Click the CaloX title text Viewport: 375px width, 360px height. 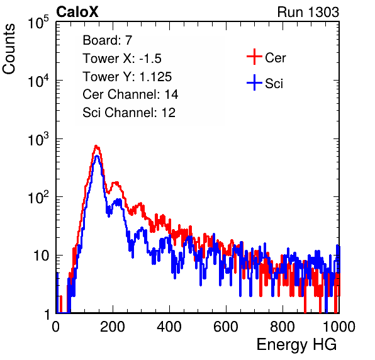(x=77, y=12)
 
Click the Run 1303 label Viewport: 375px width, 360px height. (x=308, y=12)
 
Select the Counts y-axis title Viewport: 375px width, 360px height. (x=9, y=49)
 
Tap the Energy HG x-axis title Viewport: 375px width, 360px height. (x=296, y=345)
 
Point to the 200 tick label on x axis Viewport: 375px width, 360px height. (x=113, y=327)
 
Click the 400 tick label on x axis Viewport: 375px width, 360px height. (x=169, y=327)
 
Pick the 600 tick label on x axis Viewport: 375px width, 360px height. (x=226, y=327)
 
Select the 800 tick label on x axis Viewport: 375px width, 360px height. (x=283, y=327)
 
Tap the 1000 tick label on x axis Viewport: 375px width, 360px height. (x=339, y=327)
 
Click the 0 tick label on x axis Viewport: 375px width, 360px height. (x=56, y=327)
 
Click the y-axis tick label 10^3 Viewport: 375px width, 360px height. (x=38, y=138)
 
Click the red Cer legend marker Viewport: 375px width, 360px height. (x=254, y=57)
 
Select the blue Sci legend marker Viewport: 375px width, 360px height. (x=254, y=82)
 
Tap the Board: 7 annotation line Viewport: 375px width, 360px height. (x=108, y=40)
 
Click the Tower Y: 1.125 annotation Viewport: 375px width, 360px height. (x=127, y=77)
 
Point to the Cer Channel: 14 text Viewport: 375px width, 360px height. (x=130, y=94)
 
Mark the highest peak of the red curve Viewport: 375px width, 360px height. (x=96, y=145)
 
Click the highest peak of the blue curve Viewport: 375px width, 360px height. (x=97, y=156)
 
